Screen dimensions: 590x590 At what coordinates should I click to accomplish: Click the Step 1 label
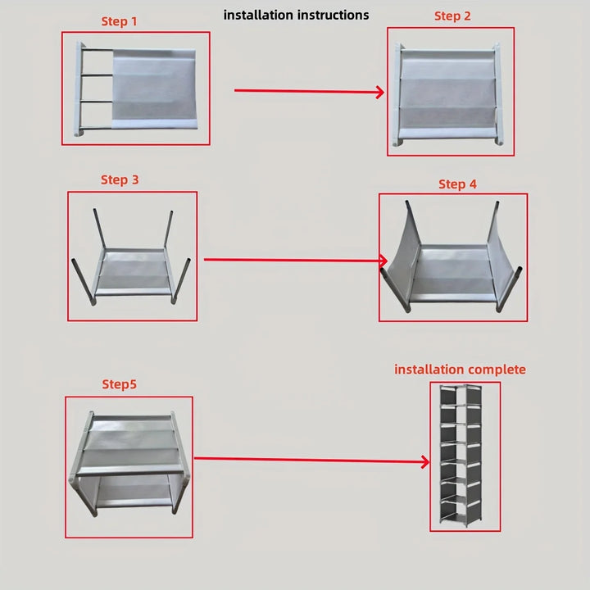pos(119,21)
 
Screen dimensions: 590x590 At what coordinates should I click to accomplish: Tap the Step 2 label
pos(452,16)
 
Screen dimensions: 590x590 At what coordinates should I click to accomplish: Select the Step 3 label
pos(120,179)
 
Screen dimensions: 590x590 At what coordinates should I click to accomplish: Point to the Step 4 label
pos(457,184)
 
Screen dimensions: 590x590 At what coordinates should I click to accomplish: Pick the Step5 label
pos(120,383)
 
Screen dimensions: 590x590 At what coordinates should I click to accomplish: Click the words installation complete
pos(460,370)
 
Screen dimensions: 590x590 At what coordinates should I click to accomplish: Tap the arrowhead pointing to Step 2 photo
pos(380,93)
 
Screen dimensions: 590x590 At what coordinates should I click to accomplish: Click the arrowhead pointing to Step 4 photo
pos(383,262)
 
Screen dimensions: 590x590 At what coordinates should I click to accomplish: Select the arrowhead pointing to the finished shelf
pos(424,462)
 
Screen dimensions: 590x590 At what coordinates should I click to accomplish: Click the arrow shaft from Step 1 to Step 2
pos(303,91)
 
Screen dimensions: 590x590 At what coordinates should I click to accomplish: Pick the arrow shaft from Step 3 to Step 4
pos(291,261)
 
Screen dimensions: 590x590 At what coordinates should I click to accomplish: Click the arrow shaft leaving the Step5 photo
pos(307,461)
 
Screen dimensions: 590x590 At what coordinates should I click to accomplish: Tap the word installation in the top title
pos(257,15)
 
